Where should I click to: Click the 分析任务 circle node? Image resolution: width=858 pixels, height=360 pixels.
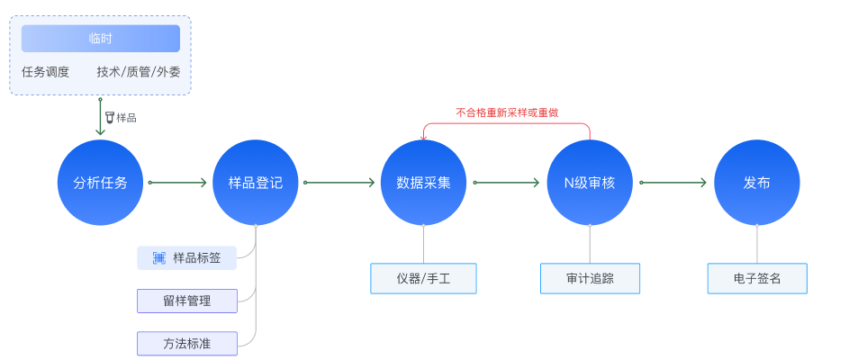100,183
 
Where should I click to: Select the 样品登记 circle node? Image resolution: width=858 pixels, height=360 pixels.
256,183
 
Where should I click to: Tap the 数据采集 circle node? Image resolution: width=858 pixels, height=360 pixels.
423,183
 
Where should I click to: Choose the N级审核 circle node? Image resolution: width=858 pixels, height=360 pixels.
590,183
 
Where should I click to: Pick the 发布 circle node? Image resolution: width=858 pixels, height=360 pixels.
756,183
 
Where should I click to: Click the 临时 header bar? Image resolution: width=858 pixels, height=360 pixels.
101,39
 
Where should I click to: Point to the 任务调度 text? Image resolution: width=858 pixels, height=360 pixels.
46,72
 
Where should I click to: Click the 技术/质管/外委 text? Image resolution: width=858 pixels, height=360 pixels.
138,72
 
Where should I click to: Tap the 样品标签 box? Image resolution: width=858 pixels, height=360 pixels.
186,257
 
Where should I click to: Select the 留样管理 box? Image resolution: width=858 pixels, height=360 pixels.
186,301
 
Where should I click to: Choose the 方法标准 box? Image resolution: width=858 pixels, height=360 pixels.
186,343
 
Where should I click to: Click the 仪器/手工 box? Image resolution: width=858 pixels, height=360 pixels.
423,278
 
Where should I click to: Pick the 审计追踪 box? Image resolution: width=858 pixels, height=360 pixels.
590,278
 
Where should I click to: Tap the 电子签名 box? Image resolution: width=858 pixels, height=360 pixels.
756,278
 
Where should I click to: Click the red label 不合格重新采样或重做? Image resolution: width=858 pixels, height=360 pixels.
506,113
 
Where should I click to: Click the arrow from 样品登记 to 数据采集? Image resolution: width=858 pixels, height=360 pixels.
339,183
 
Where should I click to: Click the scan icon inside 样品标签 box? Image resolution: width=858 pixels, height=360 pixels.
158,257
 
